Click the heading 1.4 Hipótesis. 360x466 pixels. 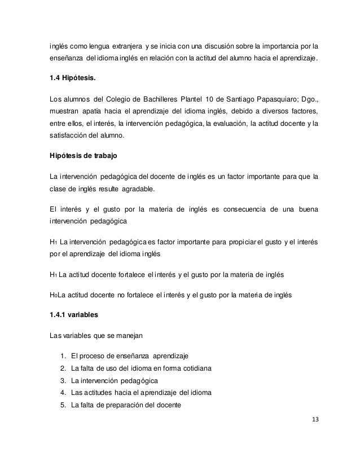click(x=73, y=78)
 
